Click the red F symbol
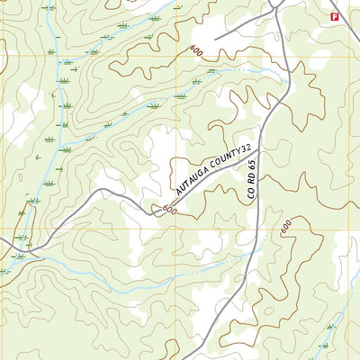tap(335, 17)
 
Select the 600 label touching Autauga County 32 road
tap(167, 210)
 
